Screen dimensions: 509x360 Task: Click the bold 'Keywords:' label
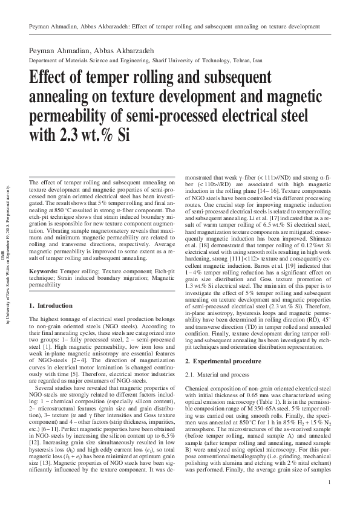pyautogui.click(x=44, y=272)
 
